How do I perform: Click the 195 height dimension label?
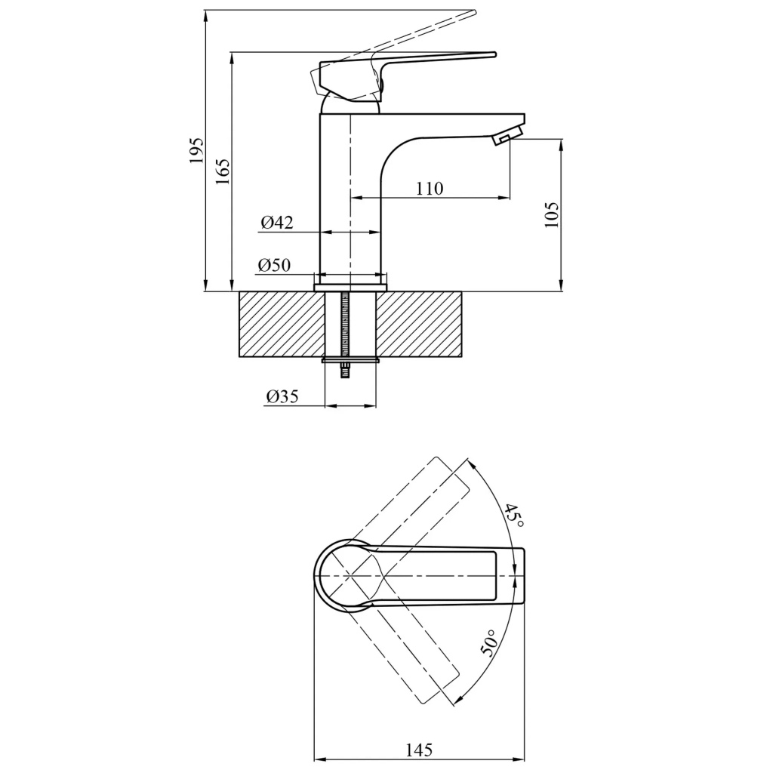point(196,150)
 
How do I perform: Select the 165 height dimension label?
point(223,171)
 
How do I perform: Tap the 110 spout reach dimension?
point(430,188)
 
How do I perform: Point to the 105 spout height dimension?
point(552,214)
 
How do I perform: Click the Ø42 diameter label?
point(277,223)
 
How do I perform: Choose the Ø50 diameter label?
point(274,265)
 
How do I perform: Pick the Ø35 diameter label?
point(282,396)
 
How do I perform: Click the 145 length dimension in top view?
point(419,750)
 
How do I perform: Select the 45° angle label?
point(514,516)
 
